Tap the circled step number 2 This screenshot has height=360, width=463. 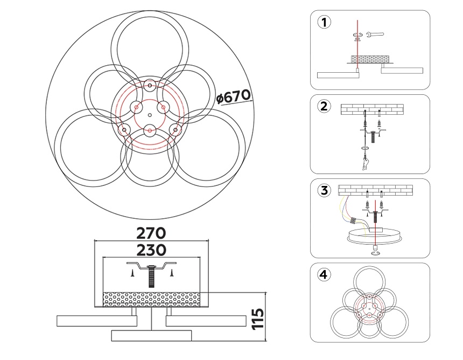324,106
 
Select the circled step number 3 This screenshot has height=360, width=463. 324,190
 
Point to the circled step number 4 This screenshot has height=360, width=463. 324,275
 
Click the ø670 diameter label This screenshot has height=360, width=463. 233,98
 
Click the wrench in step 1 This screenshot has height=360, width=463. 375,36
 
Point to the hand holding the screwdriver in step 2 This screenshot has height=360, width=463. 366,163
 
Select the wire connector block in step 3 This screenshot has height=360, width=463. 354,220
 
